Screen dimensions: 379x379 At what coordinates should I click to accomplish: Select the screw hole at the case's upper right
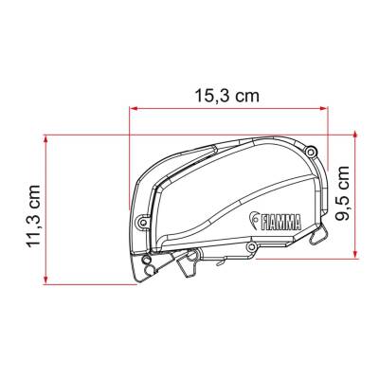pos(311,149)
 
